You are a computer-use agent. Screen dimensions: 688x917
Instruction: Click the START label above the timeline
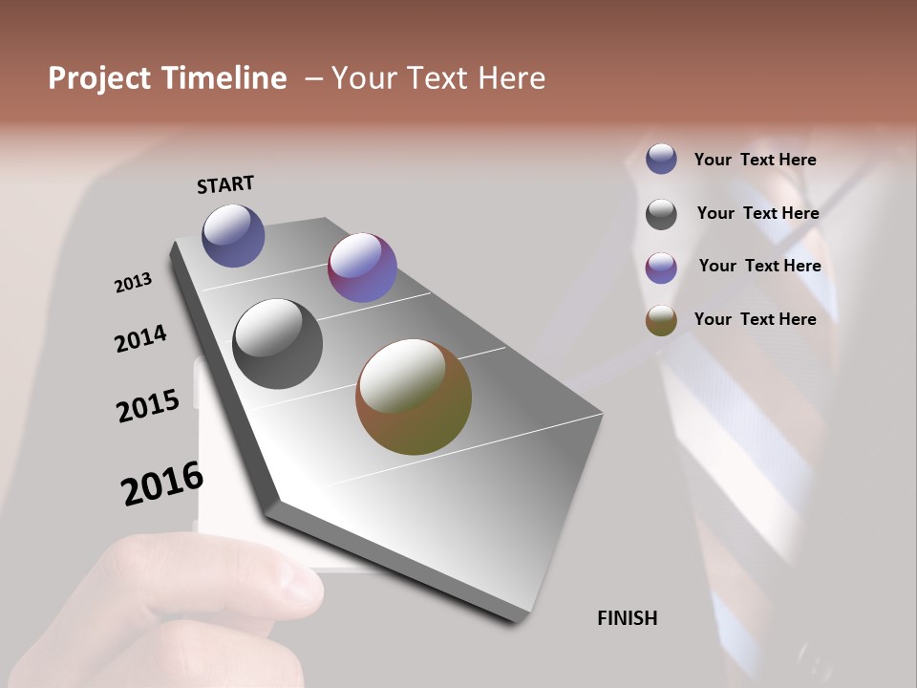225,184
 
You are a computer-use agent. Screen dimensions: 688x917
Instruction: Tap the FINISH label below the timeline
628,618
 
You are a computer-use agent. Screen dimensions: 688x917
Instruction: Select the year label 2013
134,283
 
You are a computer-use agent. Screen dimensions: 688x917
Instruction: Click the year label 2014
141,339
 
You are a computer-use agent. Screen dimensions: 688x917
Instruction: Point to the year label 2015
148,406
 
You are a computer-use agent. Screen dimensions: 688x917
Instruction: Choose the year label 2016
162,484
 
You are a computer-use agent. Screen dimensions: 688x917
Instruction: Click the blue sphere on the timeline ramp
233,235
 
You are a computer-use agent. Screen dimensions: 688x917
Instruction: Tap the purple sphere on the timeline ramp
362,268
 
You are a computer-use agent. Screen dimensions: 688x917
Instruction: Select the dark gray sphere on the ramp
277,344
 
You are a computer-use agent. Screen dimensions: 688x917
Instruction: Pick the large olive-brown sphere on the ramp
414,397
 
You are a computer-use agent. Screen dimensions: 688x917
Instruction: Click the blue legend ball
661,159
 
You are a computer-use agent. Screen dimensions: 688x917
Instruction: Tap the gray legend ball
661,214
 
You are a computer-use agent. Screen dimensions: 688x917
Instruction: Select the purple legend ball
661,268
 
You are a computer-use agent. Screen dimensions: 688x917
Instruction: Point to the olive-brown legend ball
661,321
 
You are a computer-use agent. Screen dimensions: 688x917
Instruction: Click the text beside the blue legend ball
755,160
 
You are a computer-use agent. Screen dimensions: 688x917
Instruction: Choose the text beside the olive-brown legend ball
755,319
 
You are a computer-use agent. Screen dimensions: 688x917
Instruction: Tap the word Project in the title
100,78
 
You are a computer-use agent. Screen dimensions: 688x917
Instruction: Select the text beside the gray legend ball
757,213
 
